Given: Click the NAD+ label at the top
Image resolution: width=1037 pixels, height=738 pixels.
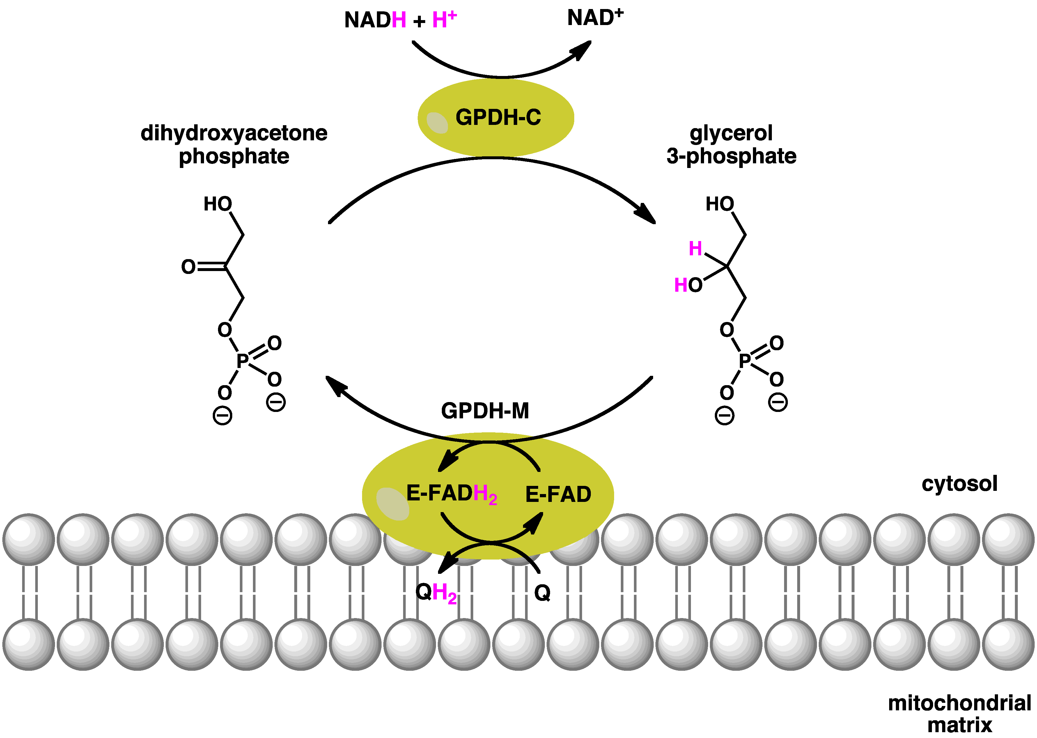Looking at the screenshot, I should coord(595,18).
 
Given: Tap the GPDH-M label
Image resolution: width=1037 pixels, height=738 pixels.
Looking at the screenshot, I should coord(485,411).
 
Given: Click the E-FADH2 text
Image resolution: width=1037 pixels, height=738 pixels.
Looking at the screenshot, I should coord(451,494).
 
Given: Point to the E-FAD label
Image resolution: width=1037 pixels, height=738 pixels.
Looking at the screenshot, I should coord(558,494).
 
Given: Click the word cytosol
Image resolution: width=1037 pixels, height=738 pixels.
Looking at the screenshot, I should coord(959,484).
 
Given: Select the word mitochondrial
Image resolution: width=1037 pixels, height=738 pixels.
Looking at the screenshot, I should coord(959,703).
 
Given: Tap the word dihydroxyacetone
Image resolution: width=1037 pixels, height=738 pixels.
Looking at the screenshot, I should coord(234,133).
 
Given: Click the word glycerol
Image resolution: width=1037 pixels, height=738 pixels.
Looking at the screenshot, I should coord(731,133).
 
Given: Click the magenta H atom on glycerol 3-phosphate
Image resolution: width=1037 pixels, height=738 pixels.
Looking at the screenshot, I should coord(695,249).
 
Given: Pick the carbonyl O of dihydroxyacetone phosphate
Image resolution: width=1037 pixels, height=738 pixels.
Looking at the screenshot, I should coord(188,267).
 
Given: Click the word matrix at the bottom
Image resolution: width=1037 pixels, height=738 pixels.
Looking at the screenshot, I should coord(959,725).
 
